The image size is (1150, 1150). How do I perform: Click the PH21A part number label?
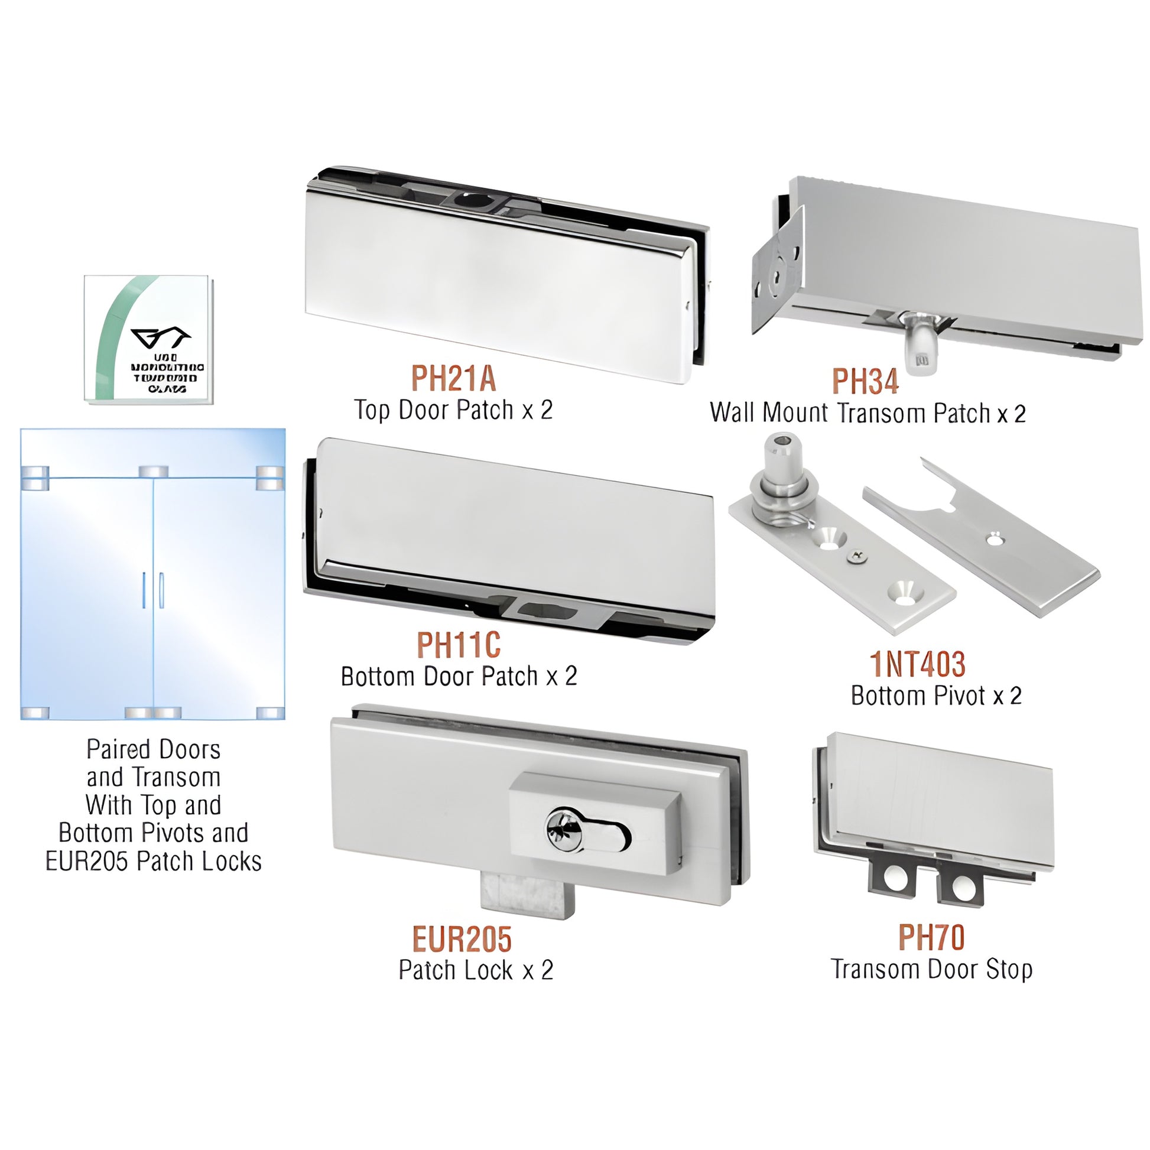click(453, 379)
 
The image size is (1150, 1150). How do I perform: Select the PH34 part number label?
click(865, 381)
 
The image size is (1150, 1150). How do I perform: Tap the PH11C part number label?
click(459, 645)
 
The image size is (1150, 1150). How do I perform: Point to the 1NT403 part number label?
click(917, 664)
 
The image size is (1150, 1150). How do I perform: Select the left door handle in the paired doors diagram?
click(144, 590)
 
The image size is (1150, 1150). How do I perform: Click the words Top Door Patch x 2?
click(454, 410)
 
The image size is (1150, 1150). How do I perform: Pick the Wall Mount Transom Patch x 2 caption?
click(868, 412)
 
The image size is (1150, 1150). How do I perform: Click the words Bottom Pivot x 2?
click(935, 695)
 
